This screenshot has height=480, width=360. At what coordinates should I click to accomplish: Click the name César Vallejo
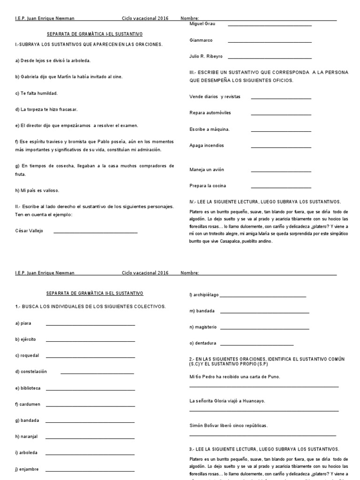(x=29, y=231)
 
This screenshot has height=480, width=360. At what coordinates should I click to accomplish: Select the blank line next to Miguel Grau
(x=269, y=25)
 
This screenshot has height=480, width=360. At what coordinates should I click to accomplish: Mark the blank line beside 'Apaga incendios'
(x=281, y=147)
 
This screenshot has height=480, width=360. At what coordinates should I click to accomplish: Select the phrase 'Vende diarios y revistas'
(x=215, y=97)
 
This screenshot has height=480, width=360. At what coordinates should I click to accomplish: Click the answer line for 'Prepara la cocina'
(x=281, y=187)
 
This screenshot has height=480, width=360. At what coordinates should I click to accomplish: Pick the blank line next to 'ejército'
(x=90, y=341)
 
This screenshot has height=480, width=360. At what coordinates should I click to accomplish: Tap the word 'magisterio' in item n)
(x=205, y=326)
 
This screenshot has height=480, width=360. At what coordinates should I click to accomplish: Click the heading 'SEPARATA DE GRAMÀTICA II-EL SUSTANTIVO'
(x=95, y=293)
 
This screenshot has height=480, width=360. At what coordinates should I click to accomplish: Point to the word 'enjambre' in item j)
(x=29, y=469)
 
